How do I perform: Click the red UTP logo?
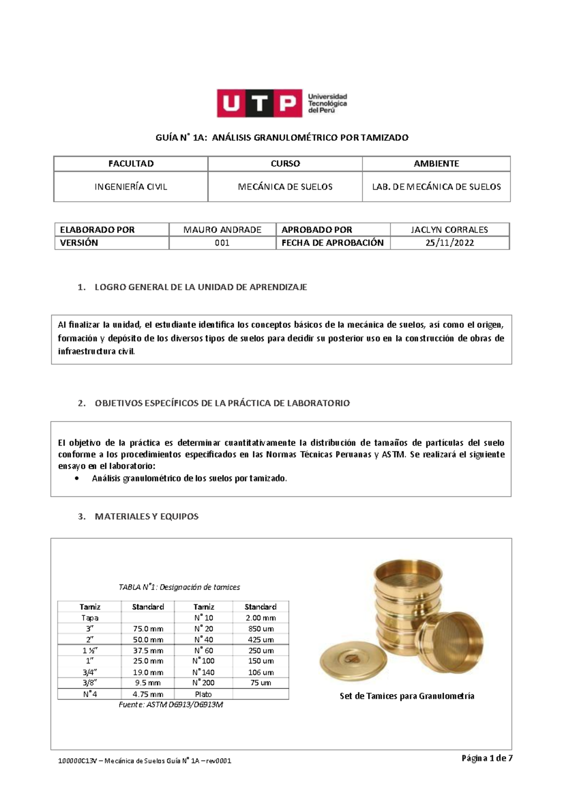[x=258, y=103]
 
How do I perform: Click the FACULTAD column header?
[x=131, y=164]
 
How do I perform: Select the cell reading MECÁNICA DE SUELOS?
[x=285, y=187]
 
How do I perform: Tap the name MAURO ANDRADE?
[x=222, y=230]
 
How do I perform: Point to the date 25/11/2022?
[x=449, y=243]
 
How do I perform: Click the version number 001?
[x=222, y=243]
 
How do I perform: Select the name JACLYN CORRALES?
[x=449, y=230]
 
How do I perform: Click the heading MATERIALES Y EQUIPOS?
[x=147, y=516]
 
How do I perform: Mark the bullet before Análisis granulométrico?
[x=77, y=479]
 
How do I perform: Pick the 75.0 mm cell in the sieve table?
[x=148, y=629]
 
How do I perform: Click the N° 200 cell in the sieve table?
[x=203, y=683]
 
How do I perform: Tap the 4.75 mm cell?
[x=148, y=694]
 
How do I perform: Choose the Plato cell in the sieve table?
[x=203, y=694]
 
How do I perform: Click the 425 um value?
[x=261, y=639]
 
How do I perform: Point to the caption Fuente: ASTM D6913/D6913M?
[x=172, y=704]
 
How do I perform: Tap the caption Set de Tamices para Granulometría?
[x=407, y=696]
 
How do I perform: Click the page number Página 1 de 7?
[x=487, y=758]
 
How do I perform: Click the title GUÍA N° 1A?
[x=282, y=138]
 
